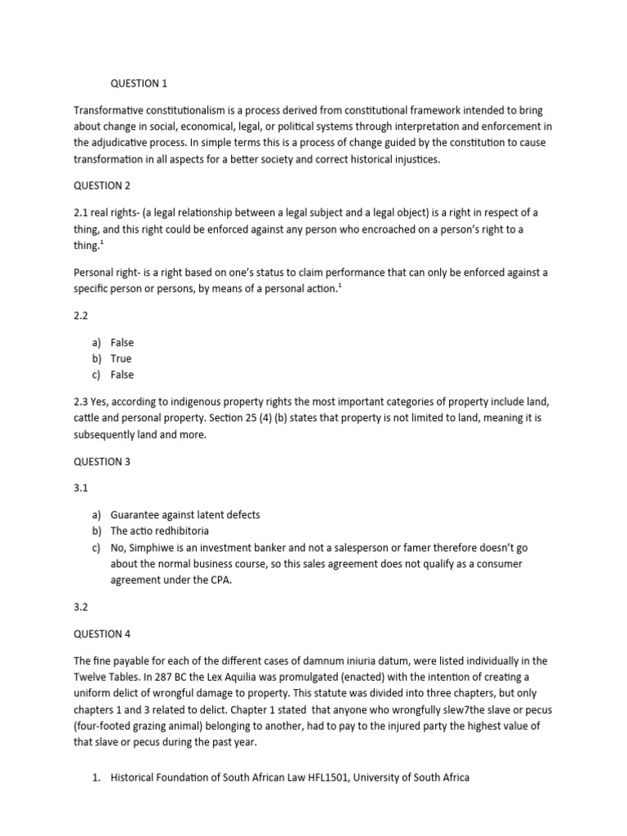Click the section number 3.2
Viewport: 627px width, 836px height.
(x=81, y=607)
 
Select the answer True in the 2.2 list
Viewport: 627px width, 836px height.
(x=121, y=358)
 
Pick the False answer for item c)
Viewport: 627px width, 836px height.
(x=122, y=375)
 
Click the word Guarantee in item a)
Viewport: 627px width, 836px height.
(x=137, y=515)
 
